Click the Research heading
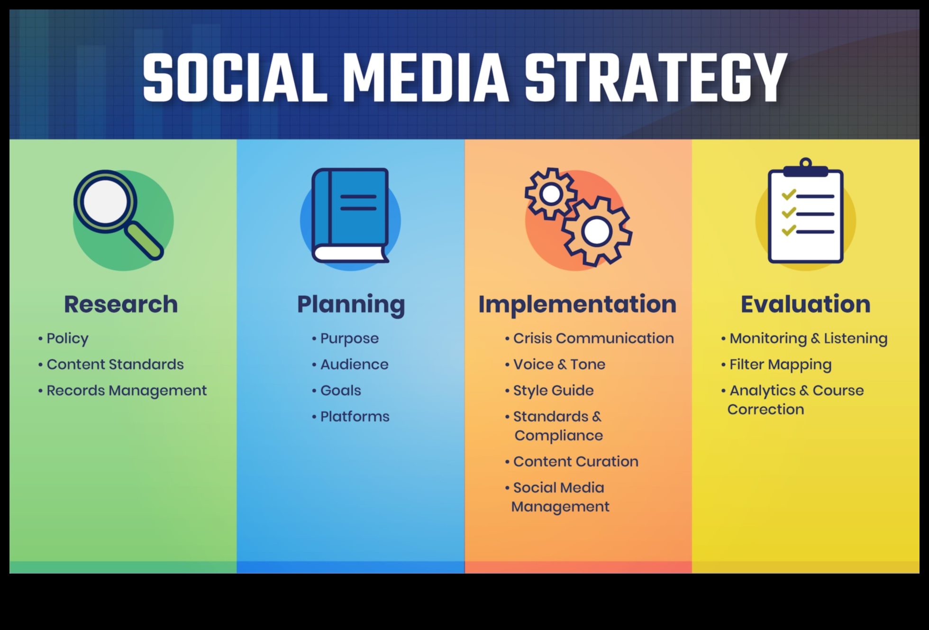click(121, 304)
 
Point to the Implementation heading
click(577, 304)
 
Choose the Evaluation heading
click(805, 304)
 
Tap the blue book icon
click(350, 215)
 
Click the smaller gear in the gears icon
click(551, 193)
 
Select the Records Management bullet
click(122, 391)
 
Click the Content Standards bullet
click(111, 364)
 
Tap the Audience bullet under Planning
click(350, 364)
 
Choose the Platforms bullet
click(351, 416)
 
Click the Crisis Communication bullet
click(589, 338)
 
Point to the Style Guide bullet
click(549, 391)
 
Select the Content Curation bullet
click(571, 461)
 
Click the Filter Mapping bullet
click(776, 365)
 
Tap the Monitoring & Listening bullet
click(804, 338)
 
